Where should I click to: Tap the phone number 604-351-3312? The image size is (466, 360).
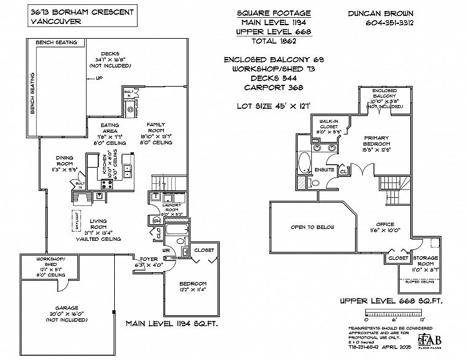point(389,23)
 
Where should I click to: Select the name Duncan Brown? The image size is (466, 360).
point(390,13)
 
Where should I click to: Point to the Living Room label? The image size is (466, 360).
point(98,224)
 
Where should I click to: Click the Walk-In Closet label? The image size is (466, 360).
point(328,123)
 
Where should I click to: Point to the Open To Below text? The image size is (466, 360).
point(313,227)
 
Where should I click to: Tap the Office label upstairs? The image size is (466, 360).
point(386,225)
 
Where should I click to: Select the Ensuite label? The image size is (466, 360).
point(324,168)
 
